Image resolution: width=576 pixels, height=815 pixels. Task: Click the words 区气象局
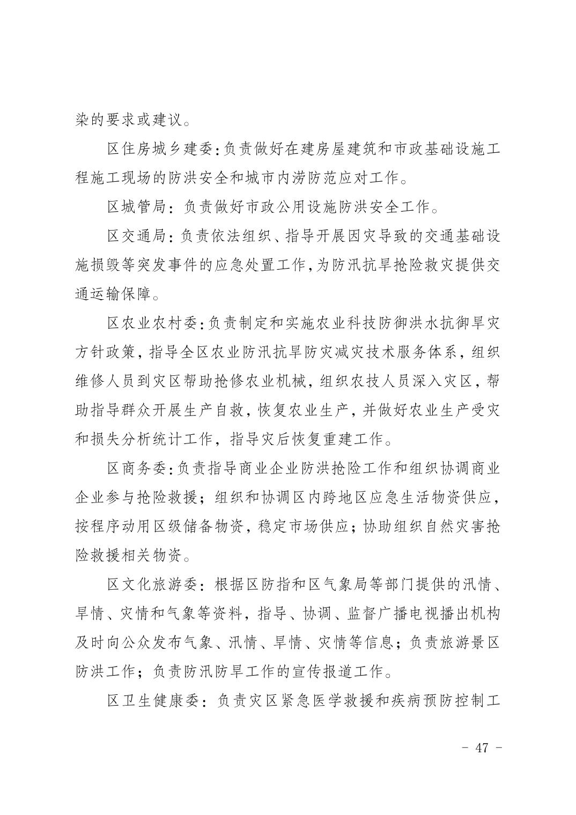tap(329, 584)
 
